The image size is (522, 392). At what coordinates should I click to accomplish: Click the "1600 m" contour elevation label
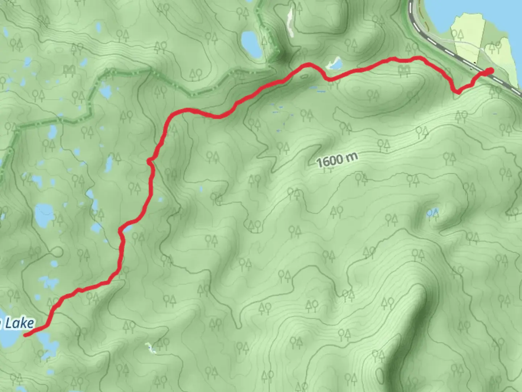(337, 160)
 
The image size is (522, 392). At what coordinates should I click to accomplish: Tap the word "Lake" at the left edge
(20, 323)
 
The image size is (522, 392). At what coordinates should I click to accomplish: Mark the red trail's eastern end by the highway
(490, 71)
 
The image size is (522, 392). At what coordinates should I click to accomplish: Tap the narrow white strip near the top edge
(290, 22)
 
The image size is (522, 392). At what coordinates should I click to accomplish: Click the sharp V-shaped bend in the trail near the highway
(457, 91)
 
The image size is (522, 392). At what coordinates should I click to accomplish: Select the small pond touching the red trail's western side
(127, 228)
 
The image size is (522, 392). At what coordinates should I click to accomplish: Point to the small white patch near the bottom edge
(149, 347)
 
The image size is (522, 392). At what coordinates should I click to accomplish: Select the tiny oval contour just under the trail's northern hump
(304, 76)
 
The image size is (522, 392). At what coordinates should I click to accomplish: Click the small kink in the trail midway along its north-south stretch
(150, 161)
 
